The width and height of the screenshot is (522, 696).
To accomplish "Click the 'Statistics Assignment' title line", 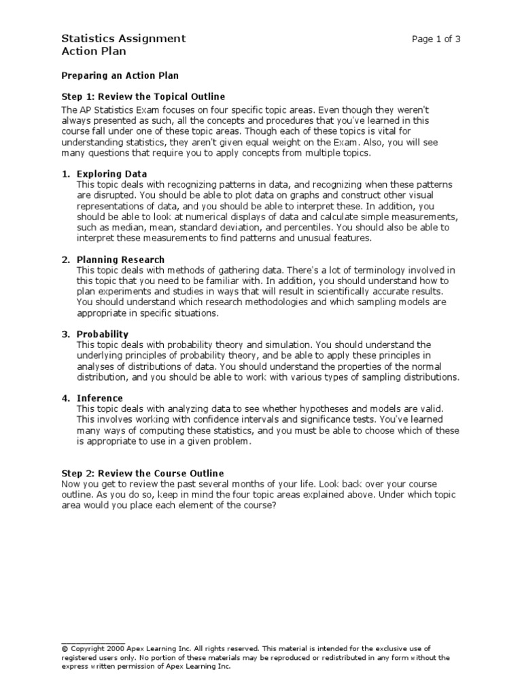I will pos(123,39).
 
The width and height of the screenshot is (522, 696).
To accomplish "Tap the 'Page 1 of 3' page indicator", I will pos(436,39).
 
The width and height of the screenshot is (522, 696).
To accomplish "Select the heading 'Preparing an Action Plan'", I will pos(120,75).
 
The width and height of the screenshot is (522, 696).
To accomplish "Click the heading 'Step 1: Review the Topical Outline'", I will pos(143,97).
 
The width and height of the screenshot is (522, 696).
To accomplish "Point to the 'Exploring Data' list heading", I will pos(111,174).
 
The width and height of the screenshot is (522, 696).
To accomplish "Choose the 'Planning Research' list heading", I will pos(120,260).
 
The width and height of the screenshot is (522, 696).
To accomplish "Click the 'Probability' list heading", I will pos(103,334).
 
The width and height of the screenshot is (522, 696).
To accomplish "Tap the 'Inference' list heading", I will pos(100,398).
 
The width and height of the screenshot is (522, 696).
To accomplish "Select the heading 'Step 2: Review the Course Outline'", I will pos(142,473).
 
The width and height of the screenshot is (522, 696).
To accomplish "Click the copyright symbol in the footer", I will pos(64,649).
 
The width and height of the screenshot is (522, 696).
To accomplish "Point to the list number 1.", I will pos(65,174).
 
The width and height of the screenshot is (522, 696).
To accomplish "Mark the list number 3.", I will pos(65,334).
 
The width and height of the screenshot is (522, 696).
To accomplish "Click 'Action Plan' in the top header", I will pos(93,51).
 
